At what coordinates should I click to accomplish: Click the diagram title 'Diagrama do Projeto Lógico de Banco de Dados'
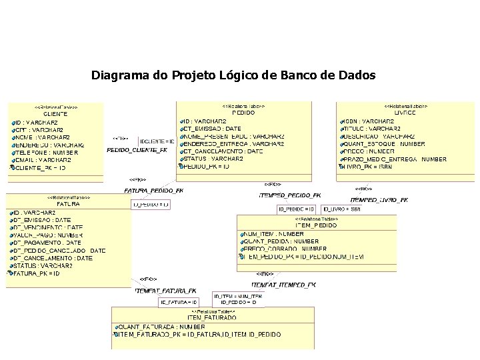[233, 75]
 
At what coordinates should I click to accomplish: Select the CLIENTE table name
[55, 114]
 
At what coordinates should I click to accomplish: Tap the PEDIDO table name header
[243, 113]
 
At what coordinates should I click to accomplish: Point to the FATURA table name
[68, 204]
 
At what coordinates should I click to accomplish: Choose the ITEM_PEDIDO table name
[316, 226]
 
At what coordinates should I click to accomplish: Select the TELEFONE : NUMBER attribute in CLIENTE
[45, 153]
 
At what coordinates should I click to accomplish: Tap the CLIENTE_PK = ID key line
[40, 168]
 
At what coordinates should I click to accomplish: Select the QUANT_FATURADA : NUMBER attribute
[161, 327]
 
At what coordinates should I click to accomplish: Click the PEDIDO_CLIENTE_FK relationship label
[137, 151]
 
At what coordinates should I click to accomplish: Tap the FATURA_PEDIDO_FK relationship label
[153, 191]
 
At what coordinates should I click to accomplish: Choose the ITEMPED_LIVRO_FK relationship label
[379, 199]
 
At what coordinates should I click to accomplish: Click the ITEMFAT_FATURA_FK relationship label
[166, 291]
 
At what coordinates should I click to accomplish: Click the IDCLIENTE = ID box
[157, 141]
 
